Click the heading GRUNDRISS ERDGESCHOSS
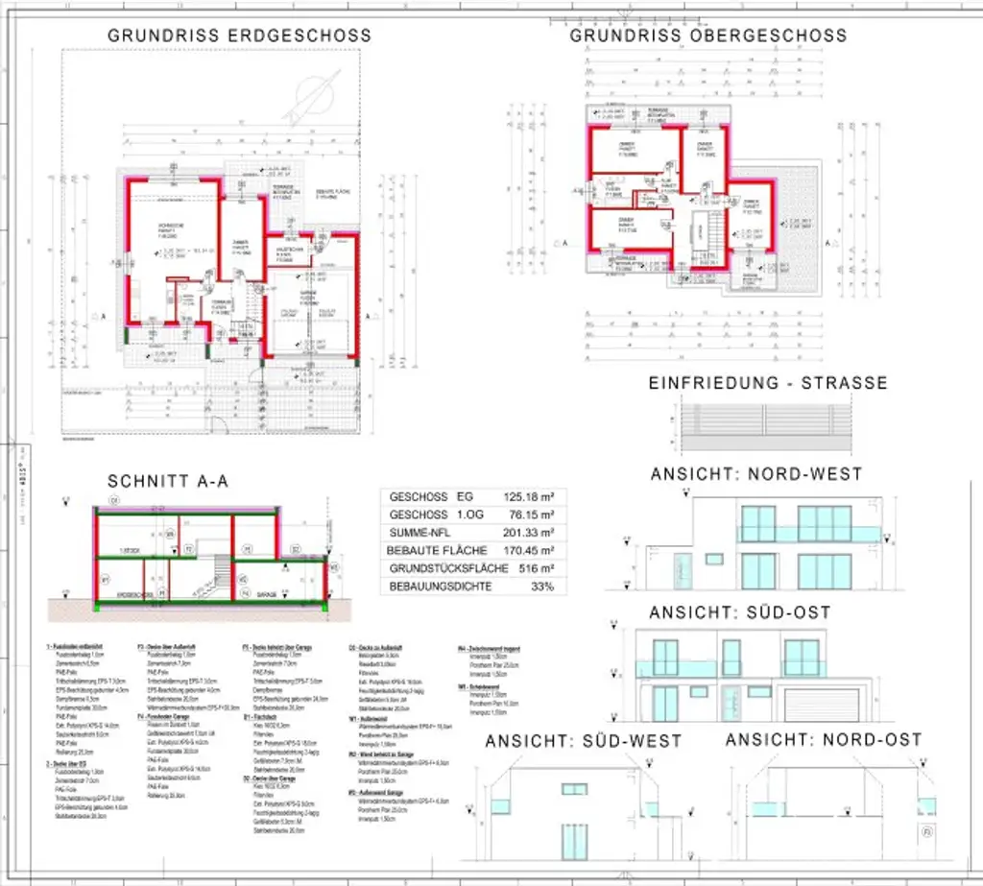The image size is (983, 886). (x=239, y=36)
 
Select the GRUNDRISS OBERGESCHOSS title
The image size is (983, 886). (x=708, y=36)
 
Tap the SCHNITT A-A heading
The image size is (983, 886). (x=168, y=482)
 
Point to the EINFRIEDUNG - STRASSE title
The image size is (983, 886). (x=768, y=383)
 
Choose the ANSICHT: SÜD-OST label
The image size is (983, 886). (x=739, y=612)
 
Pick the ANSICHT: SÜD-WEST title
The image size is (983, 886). (x=583, y=741)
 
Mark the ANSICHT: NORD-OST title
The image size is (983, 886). (x=824, y=740)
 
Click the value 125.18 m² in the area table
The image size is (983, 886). (x=530, y=497)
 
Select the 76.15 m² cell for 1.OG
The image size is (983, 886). (x=533, y=515)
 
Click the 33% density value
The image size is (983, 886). (x=543, y=587)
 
